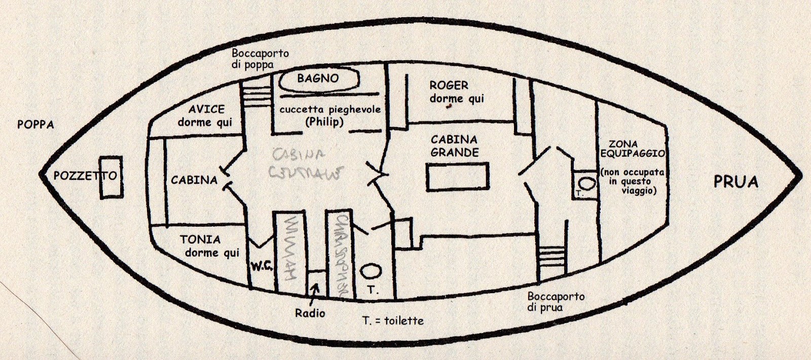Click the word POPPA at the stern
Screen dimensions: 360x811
pos(35,124)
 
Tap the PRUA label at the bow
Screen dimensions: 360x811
pos(735,182)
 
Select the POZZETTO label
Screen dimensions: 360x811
pos(85,176)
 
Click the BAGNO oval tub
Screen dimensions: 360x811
pos(318,80)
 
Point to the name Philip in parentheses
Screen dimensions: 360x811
pos(324,122)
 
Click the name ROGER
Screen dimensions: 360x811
pos(449,86)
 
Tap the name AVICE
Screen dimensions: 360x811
pos(206,110)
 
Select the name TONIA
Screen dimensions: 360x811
pos(200,239)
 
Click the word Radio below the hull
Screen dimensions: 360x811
pos(310,313)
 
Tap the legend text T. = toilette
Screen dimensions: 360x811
pos(393,320)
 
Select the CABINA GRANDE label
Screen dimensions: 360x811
pos(454,146)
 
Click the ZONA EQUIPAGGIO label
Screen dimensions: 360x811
pos(629,149)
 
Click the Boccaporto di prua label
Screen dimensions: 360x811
pos(556,302)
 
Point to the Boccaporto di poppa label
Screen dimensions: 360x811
pos(260,59)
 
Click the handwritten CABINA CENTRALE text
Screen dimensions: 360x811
pos(305,162)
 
